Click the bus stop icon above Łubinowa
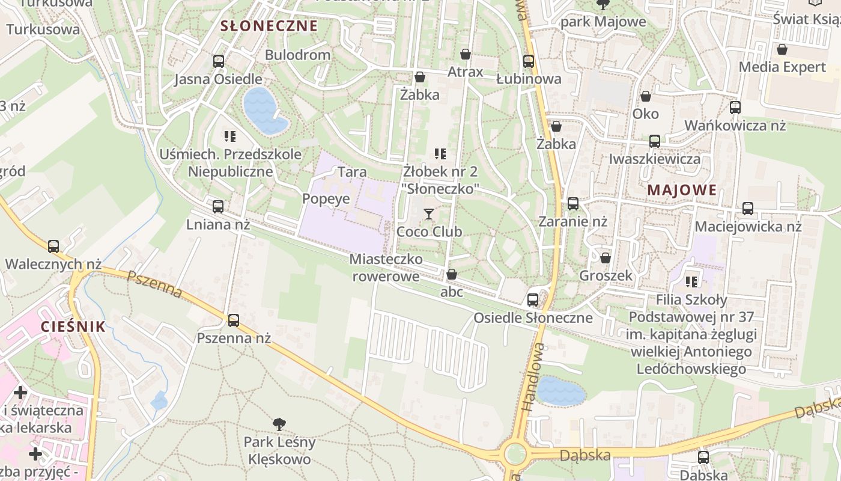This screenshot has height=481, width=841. (x=529, y=61)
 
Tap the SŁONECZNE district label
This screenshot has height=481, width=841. (x=269, y=26)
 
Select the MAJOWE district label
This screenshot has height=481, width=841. (x=682, y=191)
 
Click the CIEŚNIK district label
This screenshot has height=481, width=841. (x=73, y=326)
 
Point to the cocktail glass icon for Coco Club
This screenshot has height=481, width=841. (x=429, y=214)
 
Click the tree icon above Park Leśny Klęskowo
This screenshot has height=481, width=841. (x=279, y=424)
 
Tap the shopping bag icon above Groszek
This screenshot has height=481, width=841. (x=606, y=258)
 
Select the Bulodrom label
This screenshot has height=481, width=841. (x=298, y=55)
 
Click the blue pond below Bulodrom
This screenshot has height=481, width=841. (x=264, y=110)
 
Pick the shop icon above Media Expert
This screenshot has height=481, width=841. (x=782, y=49)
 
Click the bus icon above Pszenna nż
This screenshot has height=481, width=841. (x=234, y=320)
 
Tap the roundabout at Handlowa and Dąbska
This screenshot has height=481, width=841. (x=515, y=454)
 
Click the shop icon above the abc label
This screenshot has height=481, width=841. (x=452, y=275)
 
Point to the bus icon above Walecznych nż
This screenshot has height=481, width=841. (x=53, y=247)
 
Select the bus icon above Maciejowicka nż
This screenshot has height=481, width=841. (x=748, y=209)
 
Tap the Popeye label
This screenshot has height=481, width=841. (x=326, y=199)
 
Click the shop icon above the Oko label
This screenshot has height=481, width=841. (x=646, y=96)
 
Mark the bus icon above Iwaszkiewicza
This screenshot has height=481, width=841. (x=655, y=141)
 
